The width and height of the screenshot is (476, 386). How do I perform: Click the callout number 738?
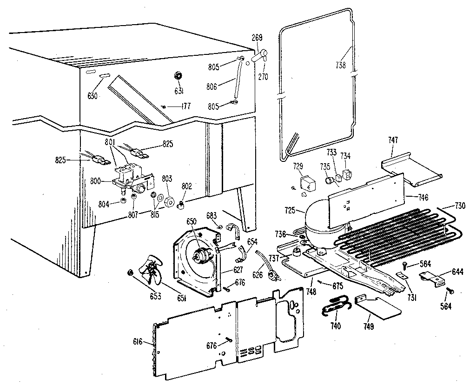click(340, 66)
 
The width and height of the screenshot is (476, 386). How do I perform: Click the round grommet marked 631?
click(177, 76)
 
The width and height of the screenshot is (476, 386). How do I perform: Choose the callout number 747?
click(394, 140)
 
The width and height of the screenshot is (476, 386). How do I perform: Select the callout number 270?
click(263, 77)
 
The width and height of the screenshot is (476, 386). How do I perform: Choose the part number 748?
click(311, 292)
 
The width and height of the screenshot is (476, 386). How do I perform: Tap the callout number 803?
click(167, 179)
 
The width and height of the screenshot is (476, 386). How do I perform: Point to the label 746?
click(423, 197)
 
